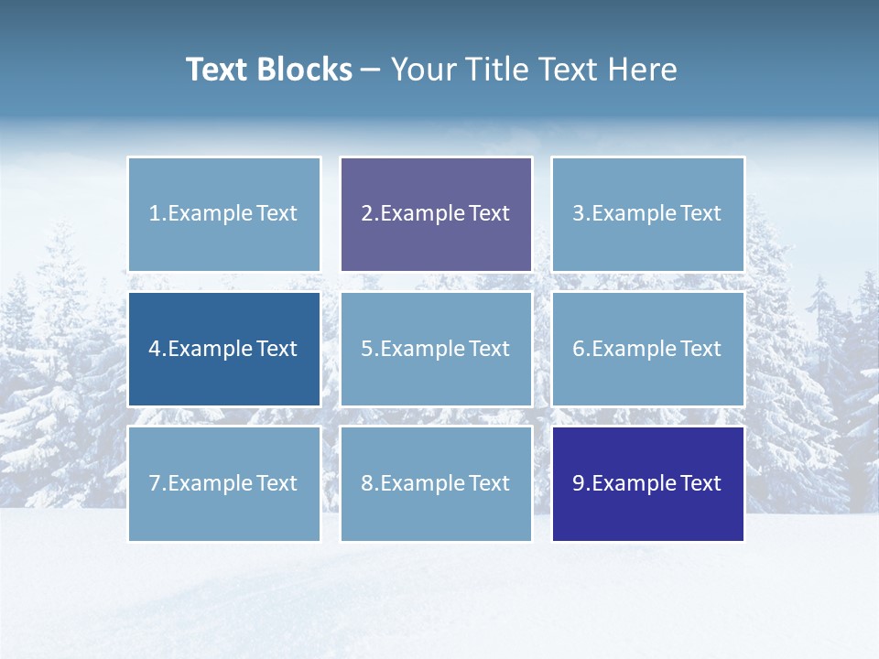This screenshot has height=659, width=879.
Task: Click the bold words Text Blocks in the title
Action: pyautogui.click(x=268, y=70)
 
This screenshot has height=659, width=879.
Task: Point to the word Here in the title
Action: pyautogui.click(x=645, y=70)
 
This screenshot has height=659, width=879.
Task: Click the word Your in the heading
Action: pyautogui.click(x=422, y=70)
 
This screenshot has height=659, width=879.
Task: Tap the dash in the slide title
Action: pyautogui.click(x=371, y=70)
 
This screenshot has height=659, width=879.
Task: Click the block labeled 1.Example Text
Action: pyautogui.click(x=224, y=214)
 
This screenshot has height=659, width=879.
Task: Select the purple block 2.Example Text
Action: pyautogui.click(x=436, y=214)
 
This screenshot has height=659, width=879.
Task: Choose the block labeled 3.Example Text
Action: pyautogui.click(x=647, y=214)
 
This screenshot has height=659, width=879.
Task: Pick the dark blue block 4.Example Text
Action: pyautogui.click(x=224, y=349)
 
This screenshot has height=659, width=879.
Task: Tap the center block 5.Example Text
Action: pyautogui.click(x=436, y=349)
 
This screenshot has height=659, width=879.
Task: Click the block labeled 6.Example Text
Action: pyautogui.click(x=647, y=349)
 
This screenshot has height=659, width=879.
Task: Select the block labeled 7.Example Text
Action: pyautogui.click(x=224, y=483)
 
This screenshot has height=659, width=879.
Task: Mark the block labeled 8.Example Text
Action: pyautogui.click(x=436, y=483)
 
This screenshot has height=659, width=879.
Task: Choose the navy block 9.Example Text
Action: pyautogui.click(x=647, y=483)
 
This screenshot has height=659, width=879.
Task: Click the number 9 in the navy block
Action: pyautogui.click(x=579, y=483)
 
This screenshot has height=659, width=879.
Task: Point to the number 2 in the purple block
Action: pyautogui.click(x=367, y=213)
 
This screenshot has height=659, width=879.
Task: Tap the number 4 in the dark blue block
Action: pyautogui.click(x=155, y=349)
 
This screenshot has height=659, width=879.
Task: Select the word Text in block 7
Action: pyautogui.click(x=277, y=483)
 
